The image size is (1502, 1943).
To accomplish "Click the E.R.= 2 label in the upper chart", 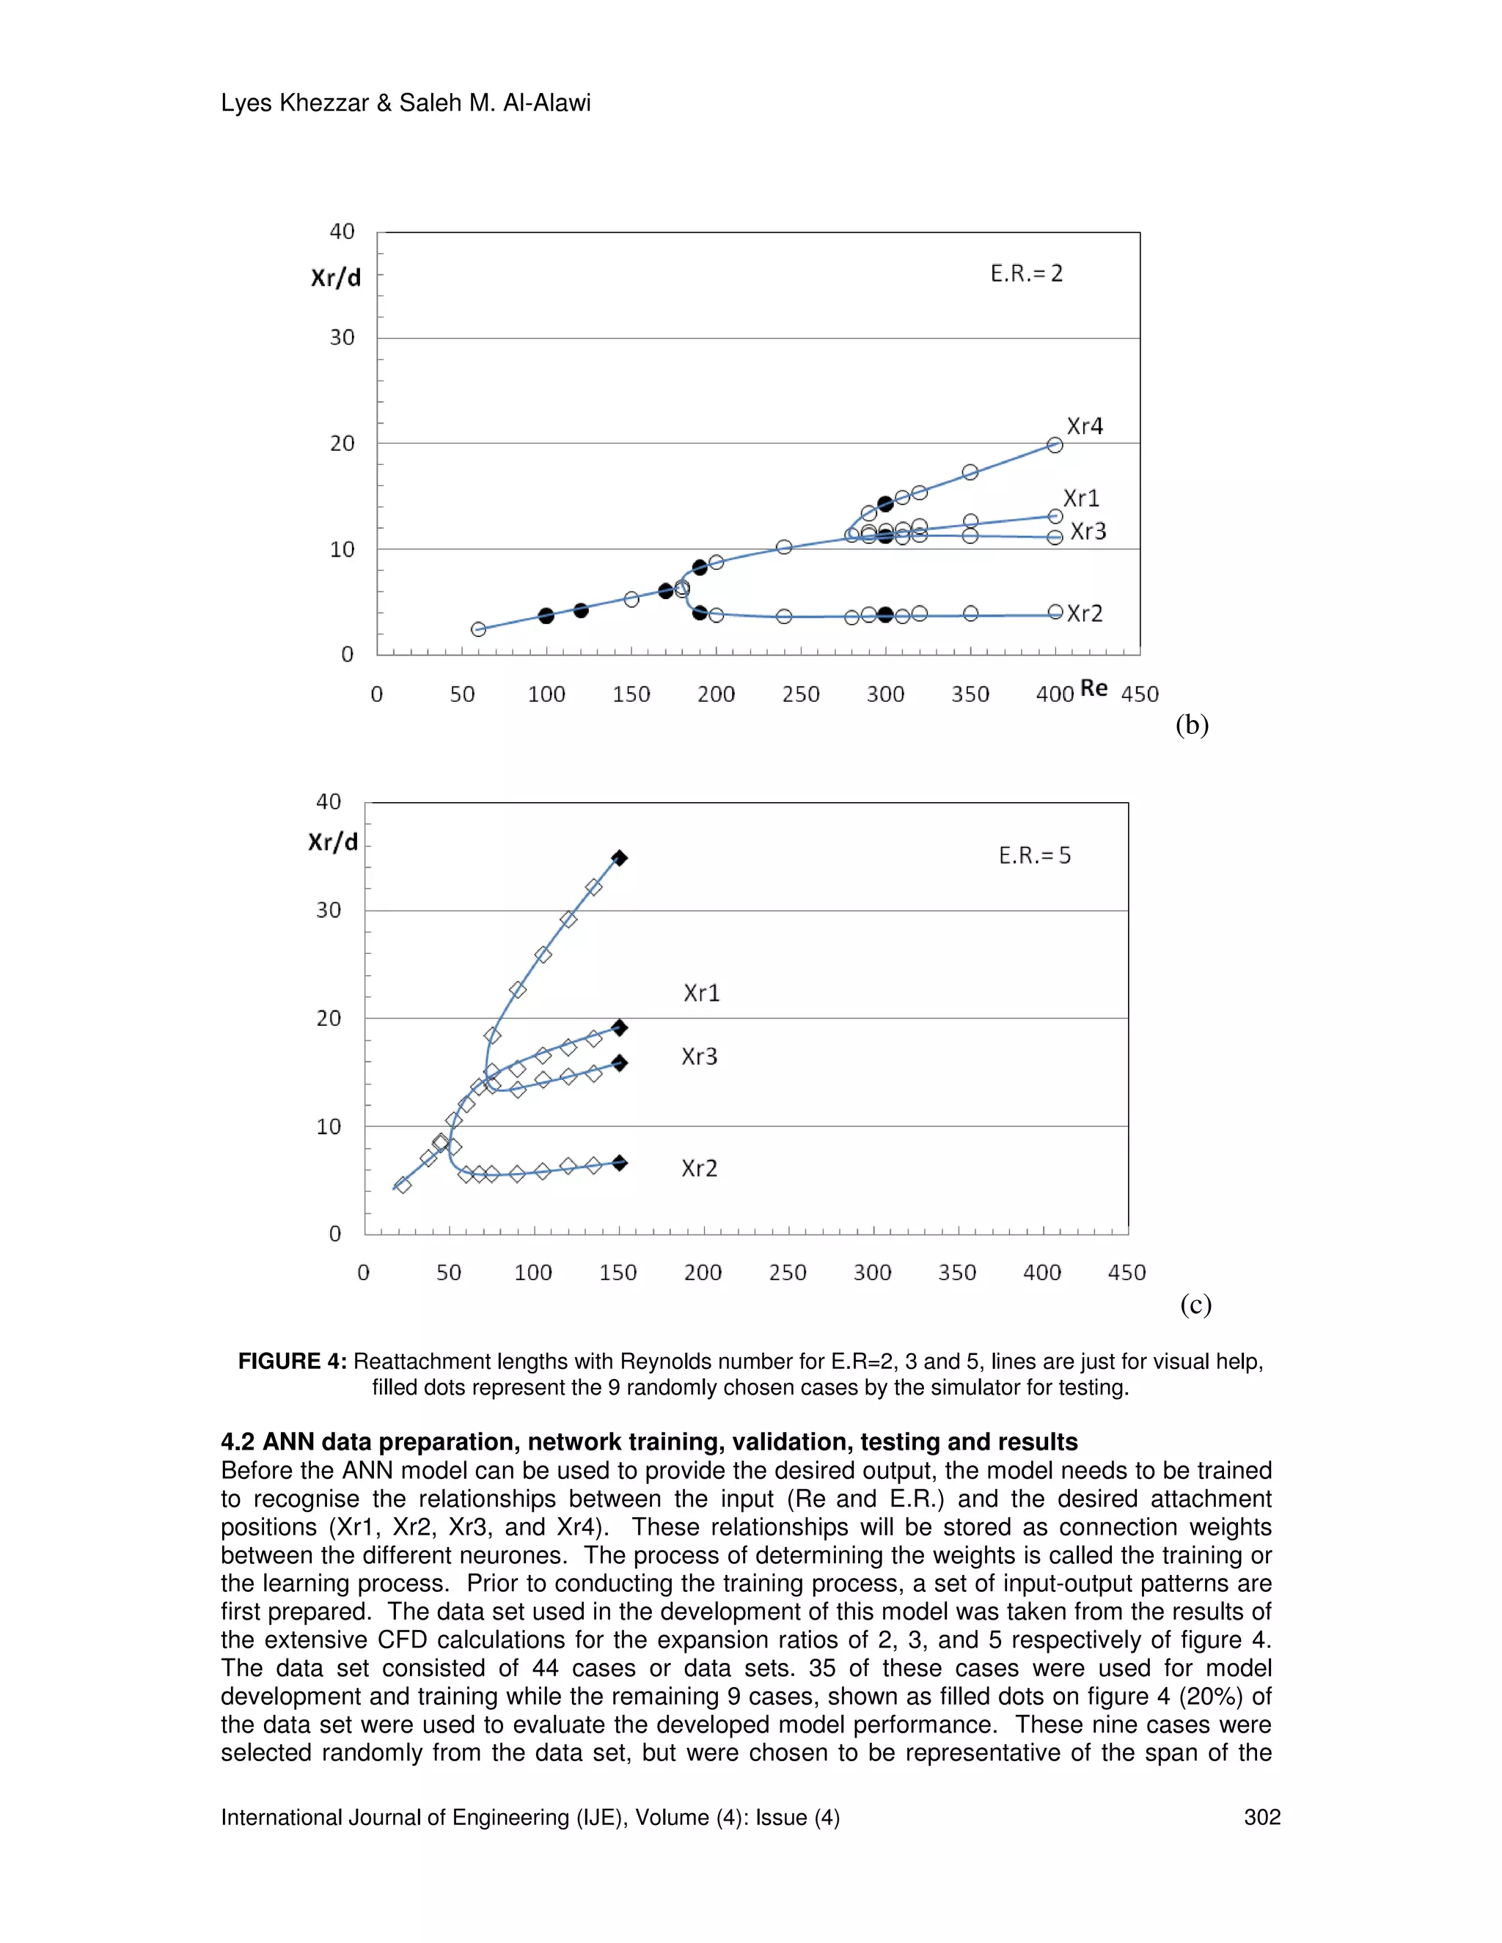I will (1026, 273).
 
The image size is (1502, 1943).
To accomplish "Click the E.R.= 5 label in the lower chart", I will (1034, 856).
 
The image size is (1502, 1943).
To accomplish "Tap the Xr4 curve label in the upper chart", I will (1085, 426).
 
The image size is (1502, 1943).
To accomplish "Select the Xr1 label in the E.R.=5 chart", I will (701, 993).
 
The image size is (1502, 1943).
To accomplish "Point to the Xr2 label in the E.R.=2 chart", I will (1085, 614).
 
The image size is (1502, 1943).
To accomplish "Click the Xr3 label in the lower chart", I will (700, 1057).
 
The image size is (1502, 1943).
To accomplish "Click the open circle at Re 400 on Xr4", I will (1055, 445).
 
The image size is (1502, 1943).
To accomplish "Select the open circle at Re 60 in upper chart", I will (479, 629).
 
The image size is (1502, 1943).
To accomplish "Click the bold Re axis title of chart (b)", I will (1093, 688).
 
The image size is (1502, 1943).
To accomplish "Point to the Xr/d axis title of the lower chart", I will (333, 842).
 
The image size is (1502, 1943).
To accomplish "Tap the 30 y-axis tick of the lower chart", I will (329, 910).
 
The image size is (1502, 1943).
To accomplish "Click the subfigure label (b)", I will (1192, 725).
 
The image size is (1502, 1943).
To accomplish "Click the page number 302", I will (1261, 1818).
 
